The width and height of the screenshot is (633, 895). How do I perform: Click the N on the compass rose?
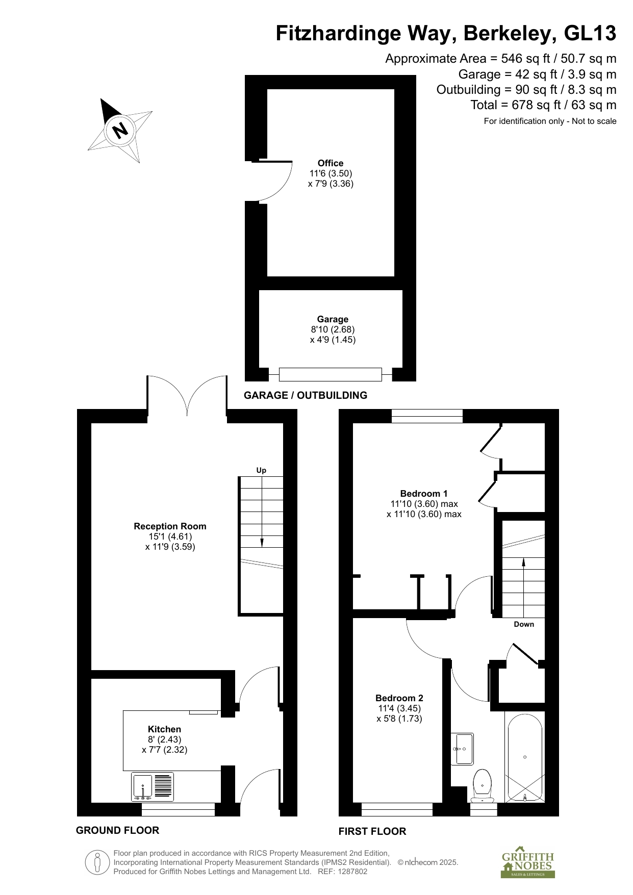[120, 131]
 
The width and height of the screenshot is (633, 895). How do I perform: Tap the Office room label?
[331, 163]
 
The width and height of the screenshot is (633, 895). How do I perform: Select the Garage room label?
[333, 319]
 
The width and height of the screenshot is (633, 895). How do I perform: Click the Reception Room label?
[170, 526]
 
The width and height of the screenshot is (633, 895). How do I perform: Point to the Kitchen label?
[164, 729]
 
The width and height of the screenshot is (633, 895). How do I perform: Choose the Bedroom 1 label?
[424, 494]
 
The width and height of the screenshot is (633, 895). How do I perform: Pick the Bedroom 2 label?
[399, 698]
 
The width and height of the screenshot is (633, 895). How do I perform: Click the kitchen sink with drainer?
[153, 786]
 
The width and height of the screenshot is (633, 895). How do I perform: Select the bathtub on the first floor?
[524, 758]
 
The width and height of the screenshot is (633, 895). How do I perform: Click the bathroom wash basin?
[462, 749]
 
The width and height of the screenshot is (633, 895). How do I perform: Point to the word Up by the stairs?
[261, 470]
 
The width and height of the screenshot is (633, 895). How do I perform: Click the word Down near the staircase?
[524, 624]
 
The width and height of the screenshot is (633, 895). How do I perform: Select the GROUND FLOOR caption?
[117, 830]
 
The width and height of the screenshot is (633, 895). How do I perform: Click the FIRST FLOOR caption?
[372, 831]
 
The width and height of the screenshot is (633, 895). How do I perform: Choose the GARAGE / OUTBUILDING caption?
[306, 395]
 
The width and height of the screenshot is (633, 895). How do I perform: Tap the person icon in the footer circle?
[97, 863]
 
